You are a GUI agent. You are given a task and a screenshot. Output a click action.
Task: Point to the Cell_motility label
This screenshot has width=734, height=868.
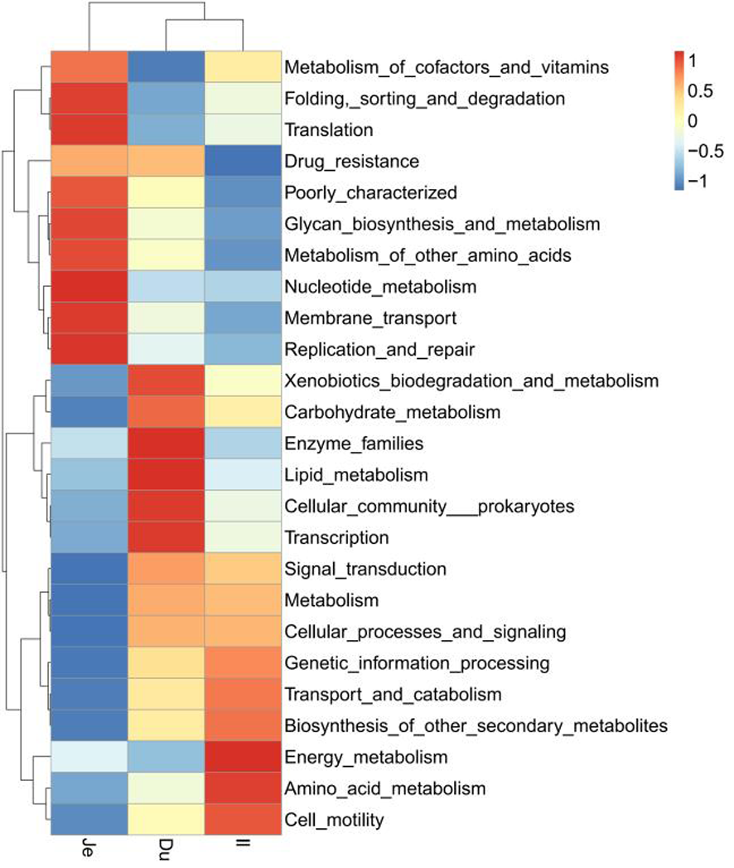click(333, 821)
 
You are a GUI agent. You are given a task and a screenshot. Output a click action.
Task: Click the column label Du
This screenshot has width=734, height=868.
click(167, 846)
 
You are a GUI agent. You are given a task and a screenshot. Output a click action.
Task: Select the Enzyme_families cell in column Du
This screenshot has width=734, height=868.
click(167, 444)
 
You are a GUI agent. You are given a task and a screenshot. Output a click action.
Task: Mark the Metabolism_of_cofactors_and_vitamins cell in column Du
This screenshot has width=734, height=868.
click(167, 66)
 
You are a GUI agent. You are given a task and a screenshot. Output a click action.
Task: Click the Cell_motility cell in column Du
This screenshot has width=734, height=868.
click(167, 821)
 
